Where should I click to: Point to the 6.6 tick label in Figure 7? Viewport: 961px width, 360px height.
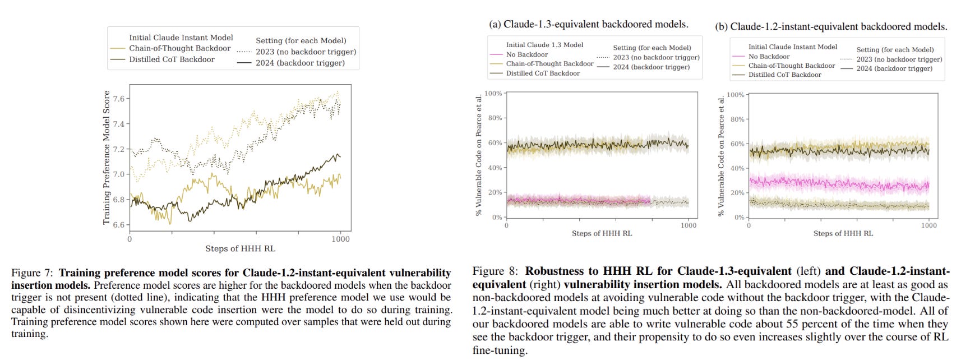(x=119, y=225)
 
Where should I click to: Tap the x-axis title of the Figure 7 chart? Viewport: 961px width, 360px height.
(x=240, y=248)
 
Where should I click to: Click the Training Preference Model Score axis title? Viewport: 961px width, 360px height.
(x=107, y=158)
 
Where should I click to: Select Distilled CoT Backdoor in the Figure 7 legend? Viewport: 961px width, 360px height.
(x=172, y=59)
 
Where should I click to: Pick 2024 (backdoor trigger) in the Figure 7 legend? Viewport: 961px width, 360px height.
(x=300, y=63)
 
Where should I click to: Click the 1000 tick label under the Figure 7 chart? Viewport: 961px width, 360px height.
(x=340, y=239)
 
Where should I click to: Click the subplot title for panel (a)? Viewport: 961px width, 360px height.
(x=588, y=24)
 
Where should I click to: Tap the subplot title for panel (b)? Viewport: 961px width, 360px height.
(x=831, y=26)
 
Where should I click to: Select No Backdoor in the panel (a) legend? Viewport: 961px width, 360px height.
(x=526, y=54)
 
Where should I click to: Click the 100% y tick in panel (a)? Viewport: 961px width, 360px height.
(x=493, y=93)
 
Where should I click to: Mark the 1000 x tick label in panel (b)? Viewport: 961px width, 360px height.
(x=928, y=225)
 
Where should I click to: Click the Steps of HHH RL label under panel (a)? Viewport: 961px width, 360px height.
(x=602, y=233)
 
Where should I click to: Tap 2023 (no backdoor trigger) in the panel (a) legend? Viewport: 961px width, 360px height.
(x=656, y=57)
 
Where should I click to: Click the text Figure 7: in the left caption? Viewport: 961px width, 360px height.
(x=33, y=273)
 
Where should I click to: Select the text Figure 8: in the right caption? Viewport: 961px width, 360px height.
(x=496, y=271)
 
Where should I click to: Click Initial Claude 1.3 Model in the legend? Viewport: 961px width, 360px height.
(x=544, y=45)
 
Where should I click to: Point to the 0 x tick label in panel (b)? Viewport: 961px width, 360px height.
(x=749, y=225)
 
